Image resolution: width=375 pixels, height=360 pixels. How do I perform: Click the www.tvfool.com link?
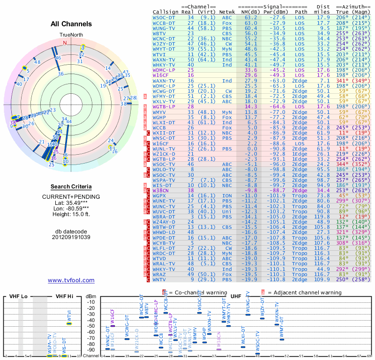pos(71,280)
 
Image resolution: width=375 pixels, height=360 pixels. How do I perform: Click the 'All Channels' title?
pos(71,24)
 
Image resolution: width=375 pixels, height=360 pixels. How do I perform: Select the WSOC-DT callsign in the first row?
pos(164,17)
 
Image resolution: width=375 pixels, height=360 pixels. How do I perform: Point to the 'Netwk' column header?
pos(227,11)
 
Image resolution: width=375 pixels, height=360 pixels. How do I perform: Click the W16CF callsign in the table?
pos(160,75)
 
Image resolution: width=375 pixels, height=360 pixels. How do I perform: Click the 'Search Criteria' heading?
pos(71,187)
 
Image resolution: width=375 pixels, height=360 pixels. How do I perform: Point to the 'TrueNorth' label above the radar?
pos(70,35)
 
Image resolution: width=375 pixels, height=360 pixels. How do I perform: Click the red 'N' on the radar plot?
pos(65,43)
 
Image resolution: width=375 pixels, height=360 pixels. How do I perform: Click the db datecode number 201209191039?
pos(71,237)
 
